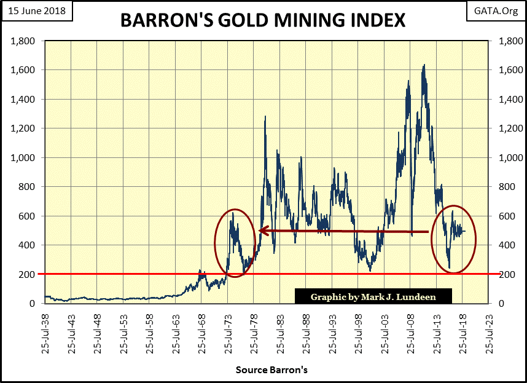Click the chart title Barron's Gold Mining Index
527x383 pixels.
262,20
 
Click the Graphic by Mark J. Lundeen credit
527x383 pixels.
373,297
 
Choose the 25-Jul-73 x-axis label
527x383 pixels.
228,330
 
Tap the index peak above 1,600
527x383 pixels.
424,65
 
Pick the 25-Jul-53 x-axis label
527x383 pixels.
124,330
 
